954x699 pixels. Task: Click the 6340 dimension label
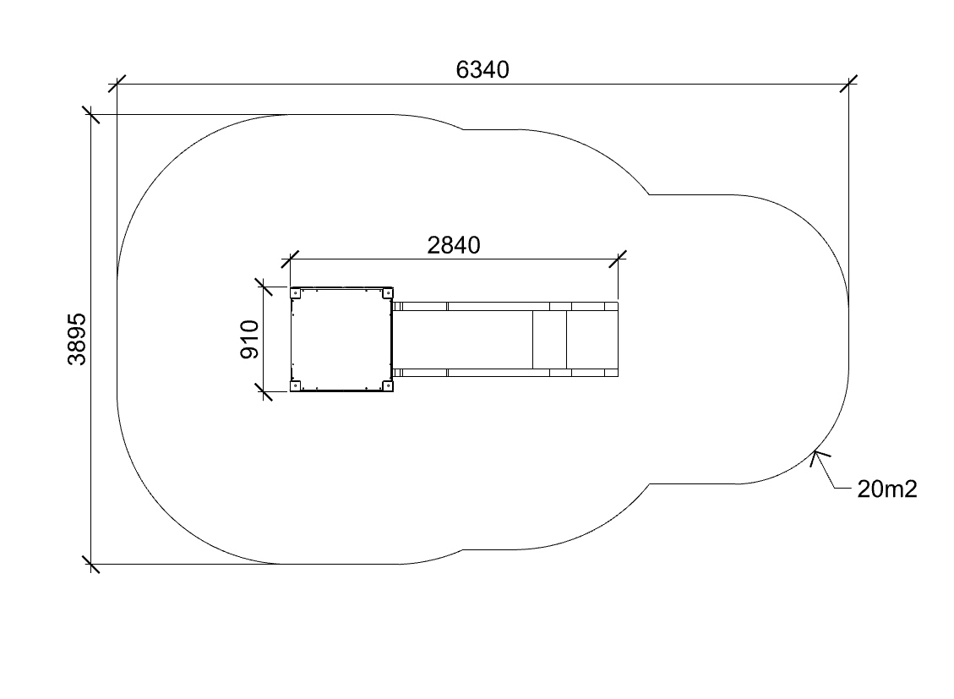[x=482, y=70]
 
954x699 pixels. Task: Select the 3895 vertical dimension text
[x=77, y=340]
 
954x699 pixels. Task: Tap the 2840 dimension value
[x=454, y=245]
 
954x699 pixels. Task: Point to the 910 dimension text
[x=249, y=340]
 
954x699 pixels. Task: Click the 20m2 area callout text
[x=887, y=489]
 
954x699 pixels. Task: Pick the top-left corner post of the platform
[x=296, y=293]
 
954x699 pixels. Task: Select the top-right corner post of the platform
[x=387, y=293]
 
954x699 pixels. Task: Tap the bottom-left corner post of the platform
[x=296, y=385]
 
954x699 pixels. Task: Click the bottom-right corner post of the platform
[x=387, y=385]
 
